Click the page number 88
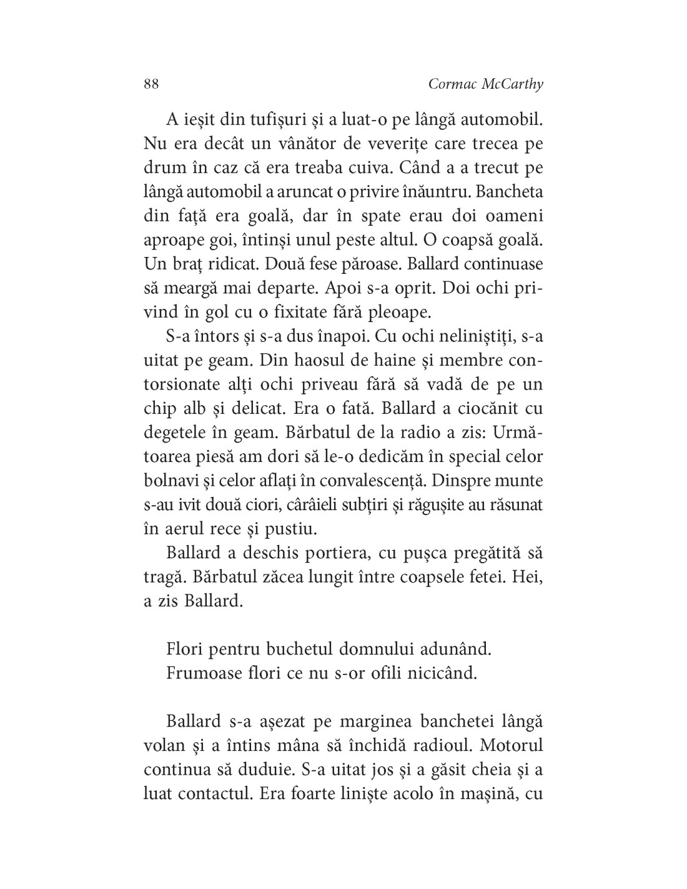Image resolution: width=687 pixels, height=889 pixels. pos(151,84)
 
